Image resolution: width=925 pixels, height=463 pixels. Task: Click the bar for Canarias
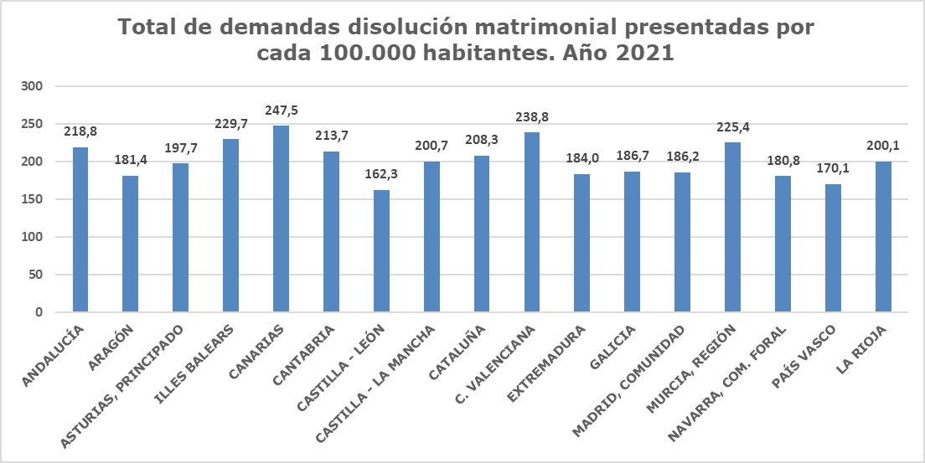click(x=281, y=219)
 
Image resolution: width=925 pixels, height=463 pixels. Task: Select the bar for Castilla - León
click(x=381, y=251)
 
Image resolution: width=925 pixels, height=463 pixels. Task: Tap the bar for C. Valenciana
click(x=532, y=223)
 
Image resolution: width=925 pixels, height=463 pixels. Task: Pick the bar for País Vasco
click(x=833, y=248)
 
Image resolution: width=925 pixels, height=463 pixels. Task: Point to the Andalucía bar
click(x=80, y=230)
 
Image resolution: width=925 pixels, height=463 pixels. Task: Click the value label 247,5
click(x=281, y=111)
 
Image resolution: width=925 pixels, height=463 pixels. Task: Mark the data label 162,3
click(x=381, y=175)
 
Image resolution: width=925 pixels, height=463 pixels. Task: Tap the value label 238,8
click(x=532, y=117)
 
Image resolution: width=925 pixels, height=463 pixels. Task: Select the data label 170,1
click(x=833, y=169)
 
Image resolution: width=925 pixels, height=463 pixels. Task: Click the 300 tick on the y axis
click(x=33, y=86)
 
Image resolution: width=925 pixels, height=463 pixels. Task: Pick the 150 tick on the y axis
click(x=33, y=199)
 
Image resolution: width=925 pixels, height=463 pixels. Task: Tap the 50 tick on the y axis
click(x=36, y=275)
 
